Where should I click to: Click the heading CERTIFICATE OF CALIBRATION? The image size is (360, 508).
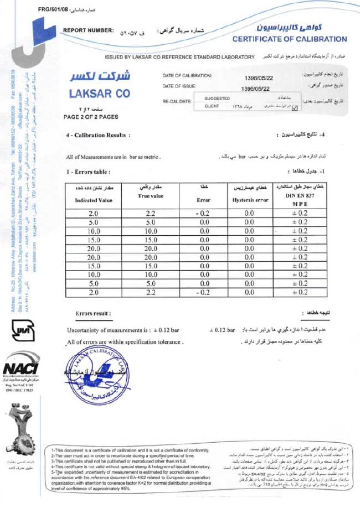(x=289, y=39)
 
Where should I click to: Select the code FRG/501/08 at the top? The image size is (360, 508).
(x=53, y=9)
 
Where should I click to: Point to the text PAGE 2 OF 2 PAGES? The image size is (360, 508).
(x=91, y=117)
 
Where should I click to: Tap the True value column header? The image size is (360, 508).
(x=151, y=196)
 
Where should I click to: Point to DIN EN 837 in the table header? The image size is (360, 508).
(x=299, y=196)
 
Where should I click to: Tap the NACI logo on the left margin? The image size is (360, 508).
(x=20, y=374)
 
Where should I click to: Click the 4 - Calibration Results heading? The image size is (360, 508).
(x=98, y=135)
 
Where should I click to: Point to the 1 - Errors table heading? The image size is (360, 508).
(x=88, y=172)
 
